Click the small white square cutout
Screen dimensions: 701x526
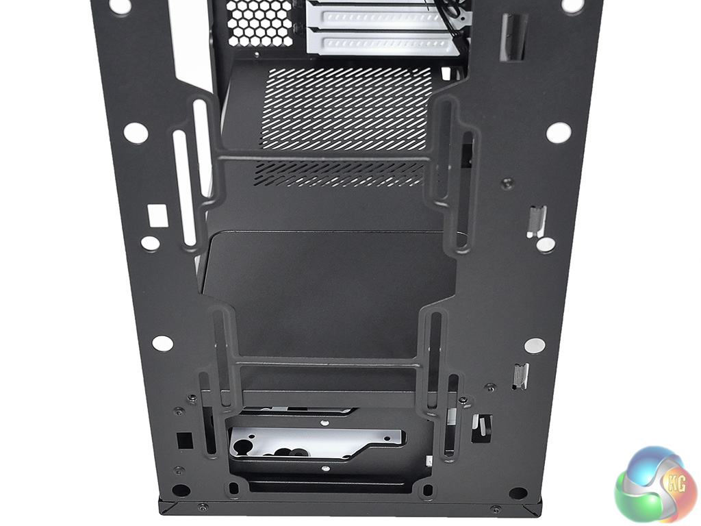[x=157, y=216]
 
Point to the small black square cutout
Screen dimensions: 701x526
[x=185, y=440]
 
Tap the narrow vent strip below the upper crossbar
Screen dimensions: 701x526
[x=340, y=174]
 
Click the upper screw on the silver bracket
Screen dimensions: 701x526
[x=325, y=422]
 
